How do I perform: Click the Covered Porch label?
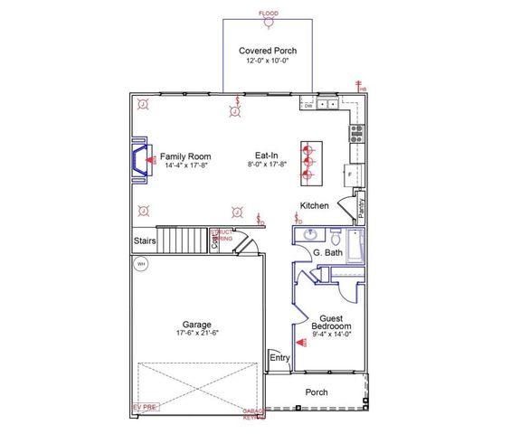click(268, 51)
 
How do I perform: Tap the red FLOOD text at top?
click(269, 14)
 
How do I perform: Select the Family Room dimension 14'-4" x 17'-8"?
click(185, 165)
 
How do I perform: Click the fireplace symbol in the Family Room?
click(140, 161)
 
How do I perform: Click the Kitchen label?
click(315, 206)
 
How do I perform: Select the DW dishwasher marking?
click(308, 106)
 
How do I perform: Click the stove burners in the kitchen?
click(356, 134)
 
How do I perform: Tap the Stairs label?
click(145, 241)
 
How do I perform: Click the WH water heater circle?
click(140, 265)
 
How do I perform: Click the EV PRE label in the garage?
click(144, 408)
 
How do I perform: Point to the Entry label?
click(280, 359)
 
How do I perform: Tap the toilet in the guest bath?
click(334, 241)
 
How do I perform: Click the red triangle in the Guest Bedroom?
click(302, 342)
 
